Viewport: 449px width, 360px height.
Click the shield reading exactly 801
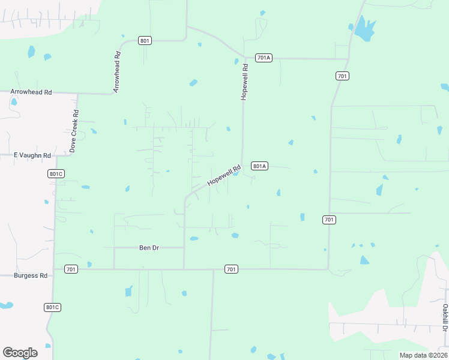[145, 41]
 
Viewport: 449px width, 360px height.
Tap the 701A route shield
[264, 58]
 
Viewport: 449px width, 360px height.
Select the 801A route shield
[259, 166]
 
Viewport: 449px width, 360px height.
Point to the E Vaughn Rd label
[31, 155]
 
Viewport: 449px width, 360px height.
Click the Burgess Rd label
[31, 275]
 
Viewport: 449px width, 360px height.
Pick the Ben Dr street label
[149, 247]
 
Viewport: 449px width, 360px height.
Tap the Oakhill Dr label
[445, 317]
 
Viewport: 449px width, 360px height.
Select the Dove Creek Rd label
[73, 131]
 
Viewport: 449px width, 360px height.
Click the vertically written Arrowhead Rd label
[117, 72]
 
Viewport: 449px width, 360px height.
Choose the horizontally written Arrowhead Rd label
[31, 92]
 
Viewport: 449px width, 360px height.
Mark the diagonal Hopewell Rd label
[224, 175]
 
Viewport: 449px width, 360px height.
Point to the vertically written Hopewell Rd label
[244, 82]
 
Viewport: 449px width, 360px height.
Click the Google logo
[20, 353]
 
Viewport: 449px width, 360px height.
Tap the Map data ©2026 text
[423, 355]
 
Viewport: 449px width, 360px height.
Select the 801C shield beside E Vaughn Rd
[56, 173]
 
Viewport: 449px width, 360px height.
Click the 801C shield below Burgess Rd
[53, 307]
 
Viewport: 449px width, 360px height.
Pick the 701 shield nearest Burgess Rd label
[71, 269]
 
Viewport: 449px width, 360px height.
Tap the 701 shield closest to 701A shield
[342, 76]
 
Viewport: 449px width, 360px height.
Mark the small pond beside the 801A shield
[238, 174]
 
